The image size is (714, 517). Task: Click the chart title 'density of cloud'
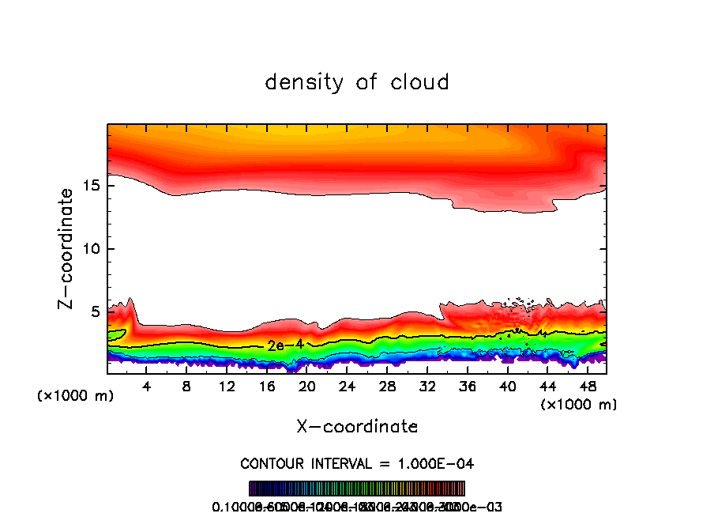(357, 82)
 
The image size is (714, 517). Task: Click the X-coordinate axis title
(357, 427)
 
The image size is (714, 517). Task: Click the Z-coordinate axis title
(69, 248)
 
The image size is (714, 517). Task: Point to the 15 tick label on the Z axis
(89, 186)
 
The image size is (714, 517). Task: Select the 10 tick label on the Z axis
(89, 249)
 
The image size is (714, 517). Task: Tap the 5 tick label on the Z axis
(93, 312)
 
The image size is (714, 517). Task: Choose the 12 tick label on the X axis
(227, 387)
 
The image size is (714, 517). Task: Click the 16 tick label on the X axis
(267, 387)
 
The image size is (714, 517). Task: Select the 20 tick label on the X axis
(307, 387)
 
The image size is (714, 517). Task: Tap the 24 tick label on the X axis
(347, 387)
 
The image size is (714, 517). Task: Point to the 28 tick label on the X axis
(387, 387)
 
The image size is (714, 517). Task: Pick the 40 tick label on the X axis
(507, 387)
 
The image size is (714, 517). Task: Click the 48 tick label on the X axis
(587, 387)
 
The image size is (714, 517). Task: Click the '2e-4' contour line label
(281, 345)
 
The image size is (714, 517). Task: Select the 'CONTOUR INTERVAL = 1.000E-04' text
(357, 463)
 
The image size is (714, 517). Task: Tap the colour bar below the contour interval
(357, 488)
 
